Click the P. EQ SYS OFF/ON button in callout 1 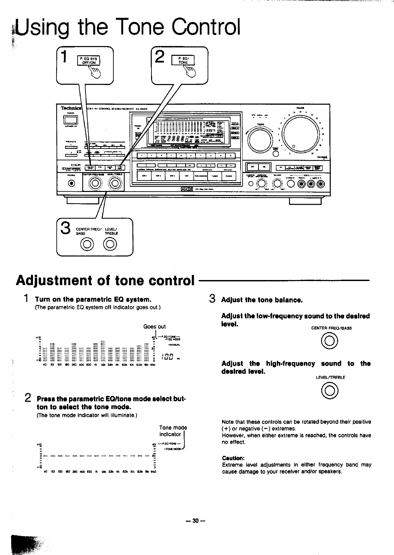[x=87, y=61]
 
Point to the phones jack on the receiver [x=71, y=183]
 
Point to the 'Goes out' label [x=154, y=326]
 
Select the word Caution [x=233, y=458]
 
